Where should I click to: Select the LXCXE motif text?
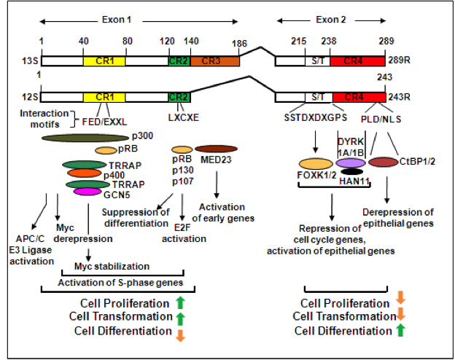pyautogui.click(x=181, y=115)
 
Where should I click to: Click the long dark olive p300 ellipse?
pyautogui.click(x=85, y=137)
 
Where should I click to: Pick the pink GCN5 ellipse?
pyautogui.click(x=87, y=192)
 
